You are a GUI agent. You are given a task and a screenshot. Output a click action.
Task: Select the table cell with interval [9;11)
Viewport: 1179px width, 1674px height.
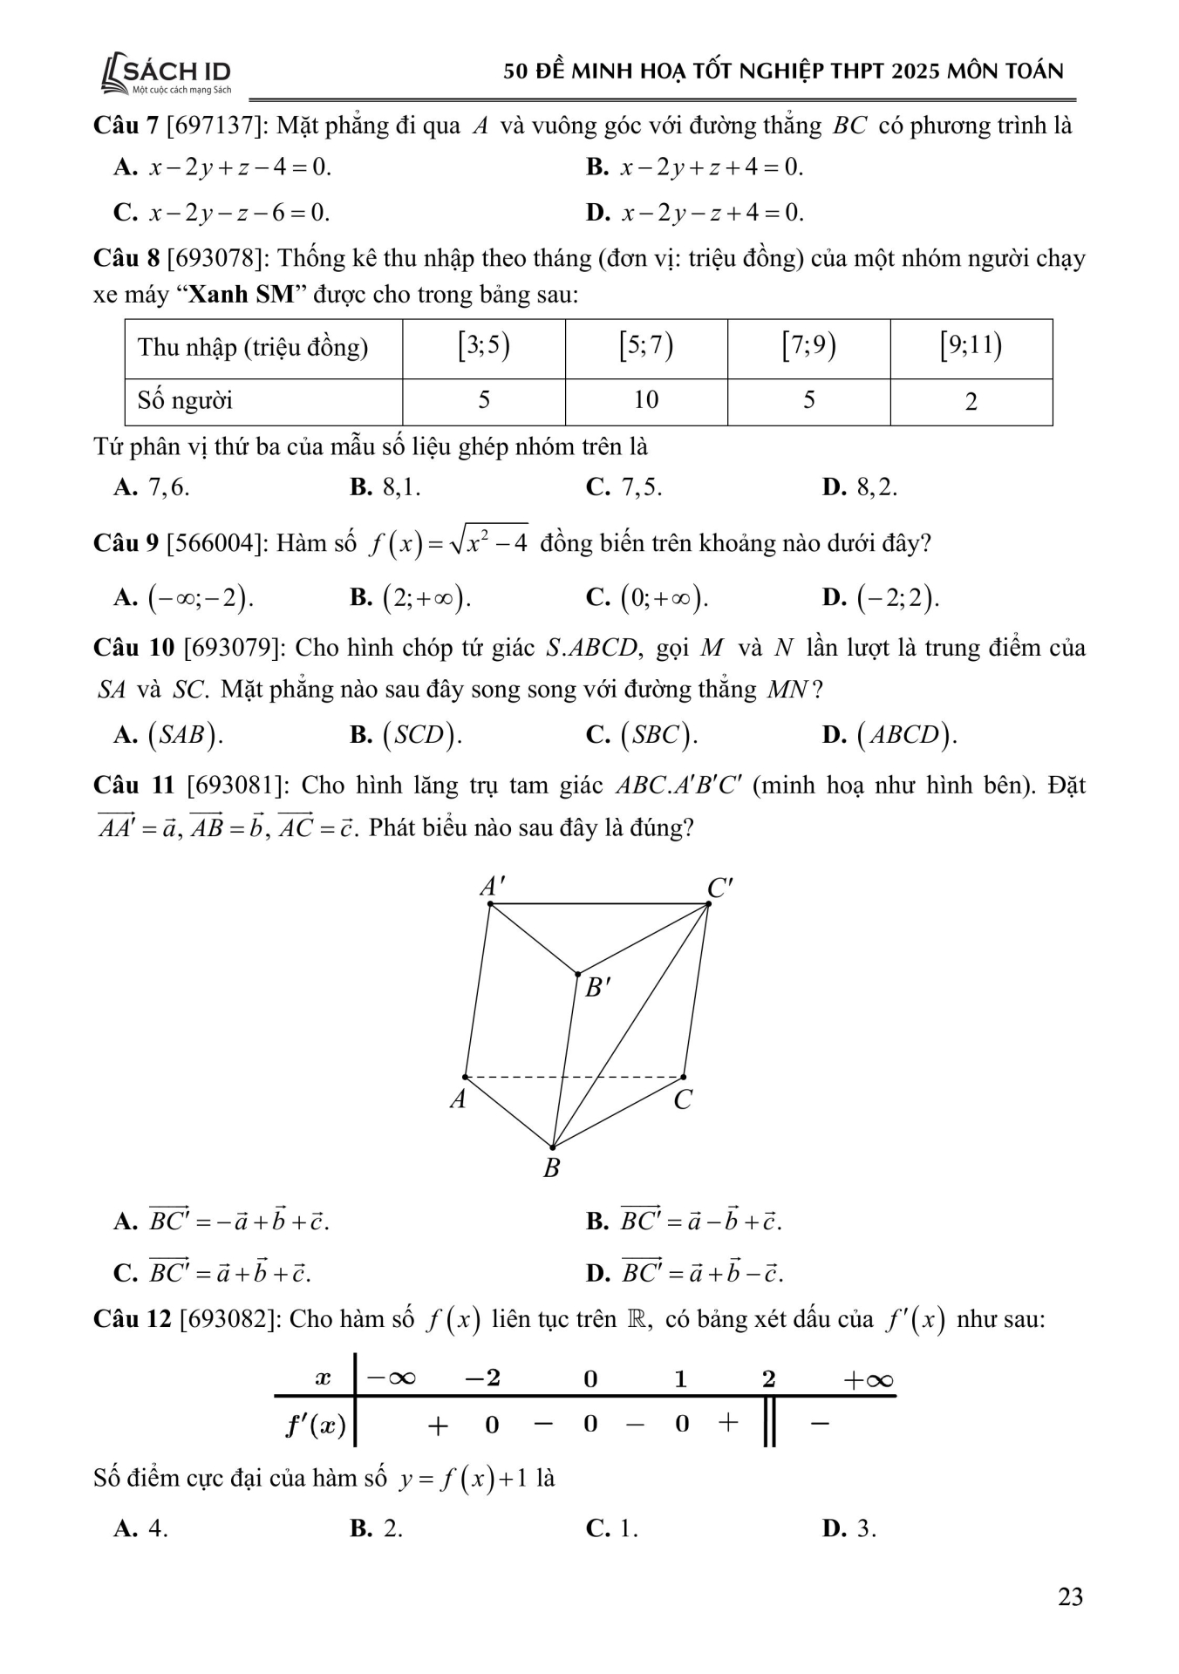[x=971, y=348]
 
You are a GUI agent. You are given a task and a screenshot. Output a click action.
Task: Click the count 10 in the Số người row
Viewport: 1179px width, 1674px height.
[x=645, y=400]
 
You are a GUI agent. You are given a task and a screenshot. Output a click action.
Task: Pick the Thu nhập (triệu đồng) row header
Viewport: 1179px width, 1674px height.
[x=253, y=348]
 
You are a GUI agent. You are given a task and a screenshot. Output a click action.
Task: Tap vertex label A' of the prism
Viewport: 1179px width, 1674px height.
[x=492, y=887]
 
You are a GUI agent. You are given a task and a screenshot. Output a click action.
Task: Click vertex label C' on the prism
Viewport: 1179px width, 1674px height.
[x=720, y=888]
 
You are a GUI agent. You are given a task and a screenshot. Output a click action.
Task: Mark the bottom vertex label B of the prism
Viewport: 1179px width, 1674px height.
[x=551, y=1168]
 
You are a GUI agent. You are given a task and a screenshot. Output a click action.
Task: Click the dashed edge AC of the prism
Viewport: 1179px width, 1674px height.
[x=610, y=1077]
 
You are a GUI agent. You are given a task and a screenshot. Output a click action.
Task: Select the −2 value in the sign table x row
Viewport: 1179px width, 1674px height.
[x=482, y=1378]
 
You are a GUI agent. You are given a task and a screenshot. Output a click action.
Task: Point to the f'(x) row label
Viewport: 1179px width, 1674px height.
[x=316, y=1426]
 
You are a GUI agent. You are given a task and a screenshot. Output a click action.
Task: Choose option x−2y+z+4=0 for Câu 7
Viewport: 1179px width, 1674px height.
[x=711, y=167]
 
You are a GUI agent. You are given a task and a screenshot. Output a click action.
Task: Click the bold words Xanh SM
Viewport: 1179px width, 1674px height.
[x=242, y=295]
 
